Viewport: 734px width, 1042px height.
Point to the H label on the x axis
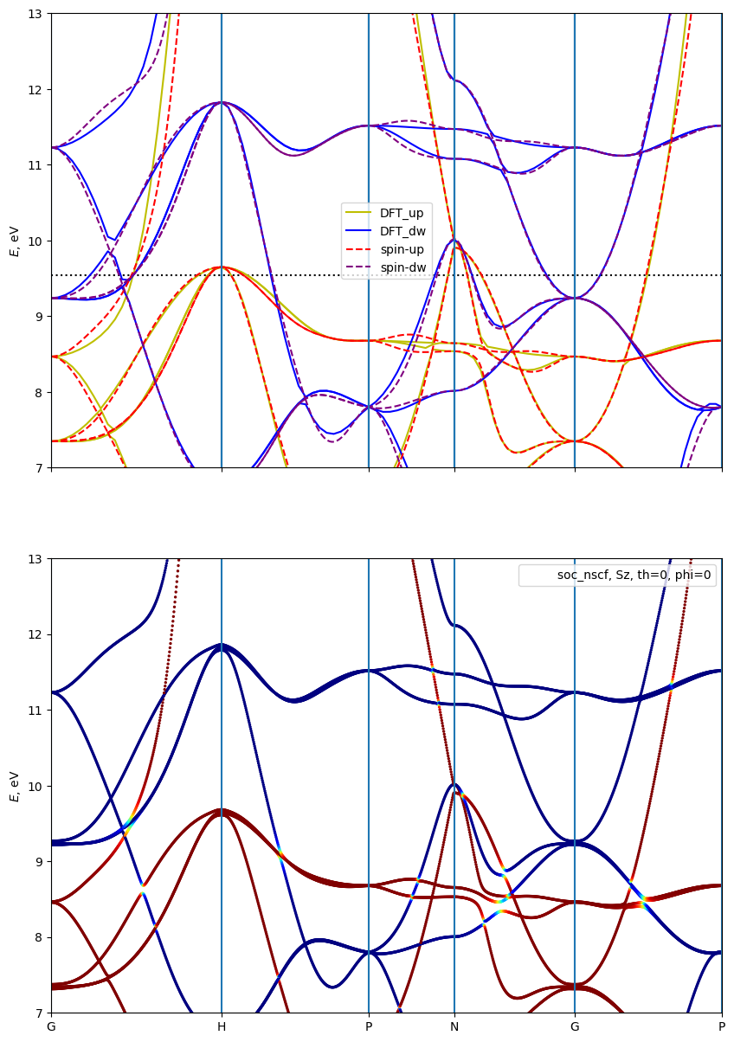(222, 1027)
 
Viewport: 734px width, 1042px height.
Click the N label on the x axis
(454, 1027)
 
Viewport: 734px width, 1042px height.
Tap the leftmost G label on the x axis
(51, 1027)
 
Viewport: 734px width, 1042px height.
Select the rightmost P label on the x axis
(722, 1027)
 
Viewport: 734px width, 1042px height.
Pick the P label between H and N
(369, 1027)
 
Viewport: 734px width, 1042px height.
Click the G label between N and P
(575, 1027)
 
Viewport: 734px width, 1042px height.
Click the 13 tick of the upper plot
(35, 14)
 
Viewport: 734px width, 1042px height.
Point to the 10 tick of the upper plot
(35, 241)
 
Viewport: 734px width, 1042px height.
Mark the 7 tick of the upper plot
(39, 467)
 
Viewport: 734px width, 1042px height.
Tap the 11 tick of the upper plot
(35, 165)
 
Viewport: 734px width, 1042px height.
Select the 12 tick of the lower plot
(35, 634)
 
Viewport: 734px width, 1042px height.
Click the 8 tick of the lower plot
(39, 937)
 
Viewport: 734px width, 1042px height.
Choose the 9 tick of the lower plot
(39, 861)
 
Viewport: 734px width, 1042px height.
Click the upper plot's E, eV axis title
(14, 241)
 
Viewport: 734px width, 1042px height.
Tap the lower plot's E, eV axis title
(14, 786)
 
